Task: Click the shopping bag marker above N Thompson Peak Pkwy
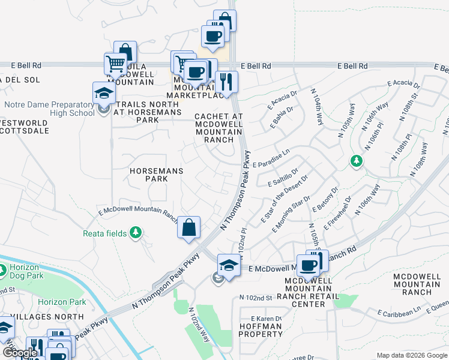tap(188, 228)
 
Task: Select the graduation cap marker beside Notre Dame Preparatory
tap(104, 93)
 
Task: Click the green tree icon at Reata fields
tap(136, 233)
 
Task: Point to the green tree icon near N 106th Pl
tap(356, 161)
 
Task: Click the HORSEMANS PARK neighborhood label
tap(157, 175)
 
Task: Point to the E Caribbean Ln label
tap(399, 313)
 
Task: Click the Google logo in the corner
tap(19, 353)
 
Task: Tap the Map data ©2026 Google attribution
tap(411, 355)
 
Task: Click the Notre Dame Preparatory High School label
tap(49, 109)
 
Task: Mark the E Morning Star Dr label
tap(291, 214)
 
